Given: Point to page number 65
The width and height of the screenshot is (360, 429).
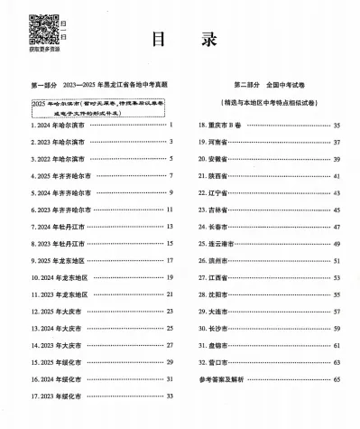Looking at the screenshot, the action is [x=337, y=379].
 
